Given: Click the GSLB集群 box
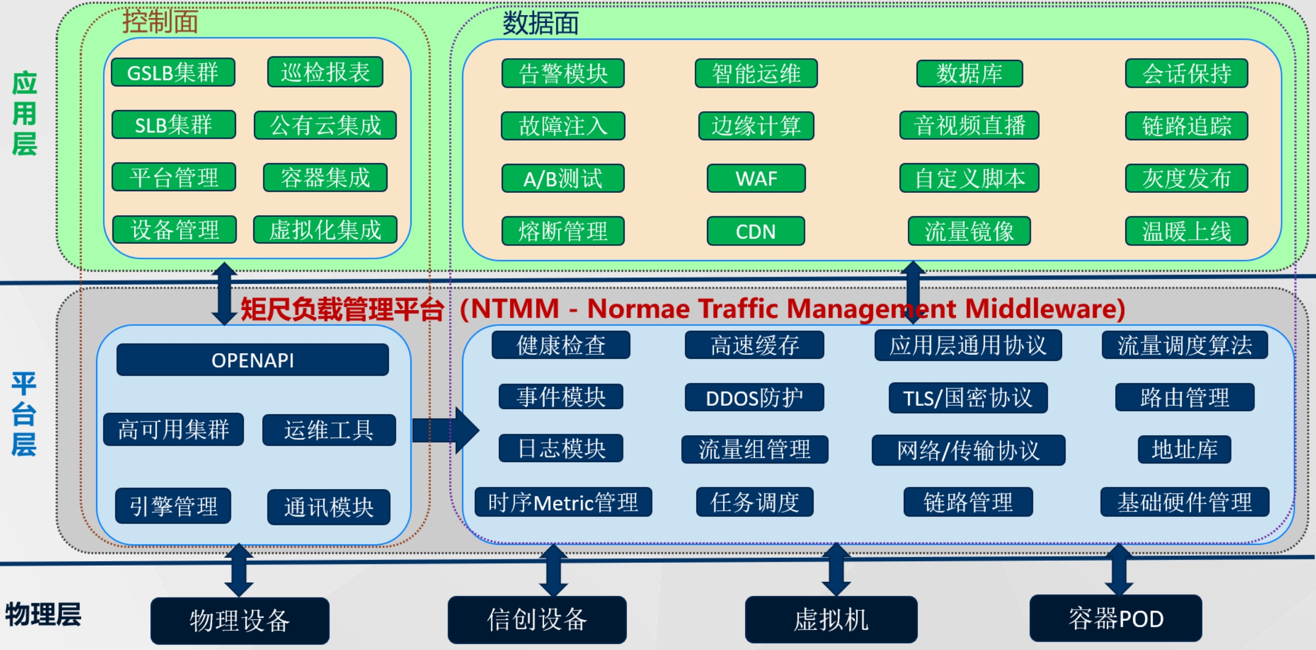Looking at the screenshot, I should (173, 73).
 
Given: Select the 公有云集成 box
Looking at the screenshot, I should (325, 125).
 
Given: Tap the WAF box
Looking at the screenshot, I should (756, 178).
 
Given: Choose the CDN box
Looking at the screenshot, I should (756, 231).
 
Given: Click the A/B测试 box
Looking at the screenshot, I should (563, 178).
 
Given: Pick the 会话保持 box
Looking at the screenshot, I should (1186, 73).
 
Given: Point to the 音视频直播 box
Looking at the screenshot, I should (969, 125).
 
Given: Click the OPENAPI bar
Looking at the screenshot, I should (253, 360).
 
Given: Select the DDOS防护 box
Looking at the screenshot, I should (754, 398).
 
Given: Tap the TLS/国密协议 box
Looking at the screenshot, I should (968, 398).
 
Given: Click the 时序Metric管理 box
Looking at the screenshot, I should (563, 502).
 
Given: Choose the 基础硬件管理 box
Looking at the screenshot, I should (1185, 502).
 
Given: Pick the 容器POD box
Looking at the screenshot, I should (1115, 619).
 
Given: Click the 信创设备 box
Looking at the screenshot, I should (537, 620).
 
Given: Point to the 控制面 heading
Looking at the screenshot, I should (160, 22).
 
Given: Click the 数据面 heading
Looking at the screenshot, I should (540, 23).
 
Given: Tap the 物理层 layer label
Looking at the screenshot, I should (43, 614).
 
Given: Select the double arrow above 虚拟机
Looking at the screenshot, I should (836, 569).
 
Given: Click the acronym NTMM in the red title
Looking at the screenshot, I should (515, 309).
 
